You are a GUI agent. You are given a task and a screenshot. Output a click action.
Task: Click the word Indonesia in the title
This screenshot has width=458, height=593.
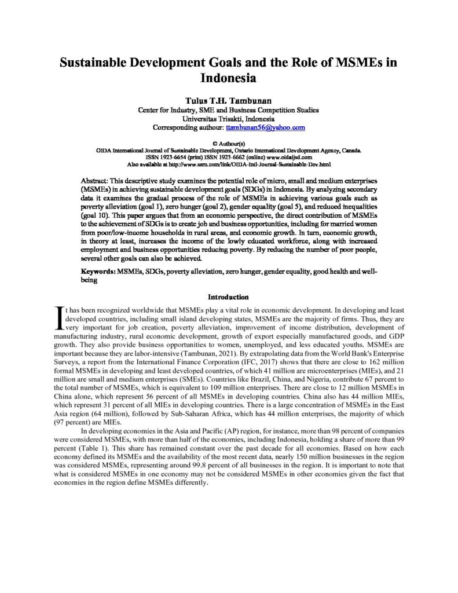point(229,76)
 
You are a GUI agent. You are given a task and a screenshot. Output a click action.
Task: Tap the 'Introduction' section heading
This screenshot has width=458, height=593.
point(229,296)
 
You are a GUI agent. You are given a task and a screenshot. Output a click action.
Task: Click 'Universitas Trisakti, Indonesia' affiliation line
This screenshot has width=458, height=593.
point(229,118)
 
